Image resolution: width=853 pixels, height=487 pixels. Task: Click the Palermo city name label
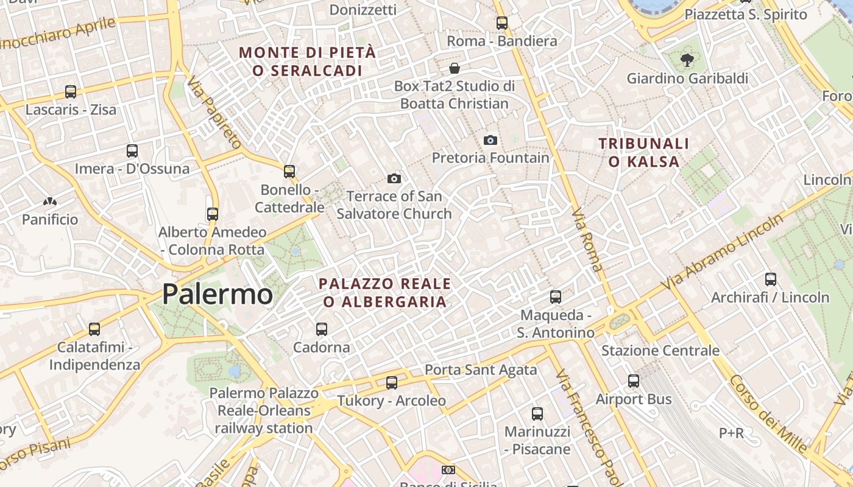click(x=218, y=295)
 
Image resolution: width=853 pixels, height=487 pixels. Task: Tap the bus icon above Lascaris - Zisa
click(x=71, y=92)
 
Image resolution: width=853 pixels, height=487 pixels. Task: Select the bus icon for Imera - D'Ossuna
click(x=132, y=151)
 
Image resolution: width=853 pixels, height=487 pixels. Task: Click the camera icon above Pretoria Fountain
click(x=490, y=141)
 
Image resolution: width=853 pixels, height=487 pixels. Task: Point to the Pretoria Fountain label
click(x=490, y=158)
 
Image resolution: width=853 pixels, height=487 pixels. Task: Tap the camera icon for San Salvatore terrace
click(x=394, y=178)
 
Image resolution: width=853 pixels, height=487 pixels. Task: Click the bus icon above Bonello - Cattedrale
click(x=289, y=172)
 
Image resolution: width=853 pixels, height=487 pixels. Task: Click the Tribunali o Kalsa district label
click(x=643, y=153)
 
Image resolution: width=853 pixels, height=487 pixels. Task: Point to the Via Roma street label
click(x=587, y=240)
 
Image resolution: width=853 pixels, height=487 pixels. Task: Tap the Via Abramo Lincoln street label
click(x=724, y=252)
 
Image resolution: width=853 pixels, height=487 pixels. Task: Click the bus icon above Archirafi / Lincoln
click(x=771, y=279)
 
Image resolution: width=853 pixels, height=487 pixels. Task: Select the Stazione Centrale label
click(x=660, y=351)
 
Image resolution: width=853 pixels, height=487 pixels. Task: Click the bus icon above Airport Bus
click(x=634, y=381)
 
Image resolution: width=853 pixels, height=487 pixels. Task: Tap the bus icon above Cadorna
click(x=322, y=329)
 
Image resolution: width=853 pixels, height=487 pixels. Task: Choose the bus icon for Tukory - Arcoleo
click(x=392, y=383)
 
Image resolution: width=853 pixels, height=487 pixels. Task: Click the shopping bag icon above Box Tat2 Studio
click(x=454, y=68)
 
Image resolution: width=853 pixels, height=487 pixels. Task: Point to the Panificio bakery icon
click(x=50, y=201)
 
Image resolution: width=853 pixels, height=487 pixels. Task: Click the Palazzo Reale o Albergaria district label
click(x=385, y=293)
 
